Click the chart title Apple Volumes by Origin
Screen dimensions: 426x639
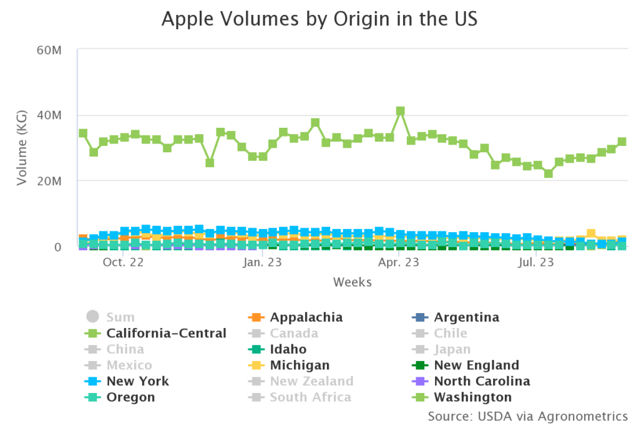(x=319, y=19)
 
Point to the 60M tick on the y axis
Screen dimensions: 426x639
(x=49, y=50)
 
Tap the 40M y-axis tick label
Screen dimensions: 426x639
(x=49, y=115)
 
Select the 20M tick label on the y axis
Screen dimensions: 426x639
(x=49, y=181)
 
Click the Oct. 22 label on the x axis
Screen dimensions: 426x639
(x=124, y=263)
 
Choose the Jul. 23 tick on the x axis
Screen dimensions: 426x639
(x=535, y=263)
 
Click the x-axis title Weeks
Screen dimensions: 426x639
(x=353, y=283)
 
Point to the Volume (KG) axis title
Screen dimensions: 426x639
(x=22, y=148)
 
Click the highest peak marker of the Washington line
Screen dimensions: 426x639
(x=401, y=111)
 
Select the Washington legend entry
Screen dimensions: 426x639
(x=472, y=397)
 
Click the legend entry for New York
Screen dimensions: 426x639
(x=137, y=381)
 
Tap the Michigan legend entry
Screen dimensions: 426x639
(x=300, y=365)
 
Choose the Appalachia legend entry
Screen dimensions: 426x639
(x=306, y=317)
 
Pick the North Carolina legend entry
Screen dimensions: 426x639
(x=482, y=381)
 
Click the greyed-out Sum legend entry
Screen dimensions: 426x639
(x=120, y=317)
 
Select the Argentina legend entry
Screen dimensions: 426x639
(x=466, y=317)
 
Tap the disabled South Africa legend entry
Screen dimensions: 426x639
(x=310, y=397)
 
